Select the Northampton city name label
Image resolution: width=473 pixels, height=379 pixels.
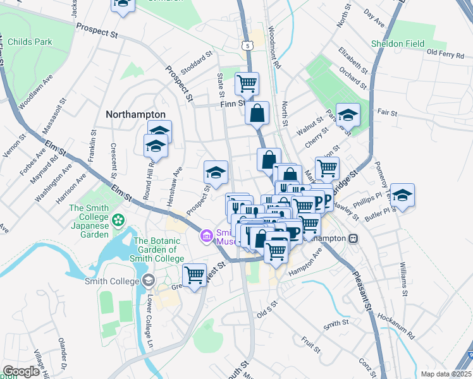[135, 114]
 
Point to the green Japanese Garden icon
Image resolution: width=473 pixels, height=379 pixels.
[118, 220]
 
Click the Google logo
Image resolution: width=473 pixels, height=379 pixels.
[21, 371]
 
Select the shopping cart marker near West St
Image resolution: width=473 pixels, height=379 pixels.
[194, 275]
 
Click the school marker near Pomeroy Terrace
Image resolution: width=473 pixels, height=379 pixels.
[402, 195]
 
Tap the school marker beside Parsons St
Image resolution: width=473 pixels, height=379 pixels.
[347, 115]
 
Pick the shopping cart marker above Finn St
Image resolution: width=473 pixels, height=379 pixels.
[247, 82]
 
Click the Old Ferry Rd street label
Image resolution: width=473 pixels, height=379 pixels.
[446, 52]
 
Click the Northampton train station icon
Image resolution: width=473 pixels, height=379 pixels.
[353, 238]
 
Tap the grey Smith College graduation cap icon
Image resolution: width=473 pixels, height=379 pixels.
[148, 280]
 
